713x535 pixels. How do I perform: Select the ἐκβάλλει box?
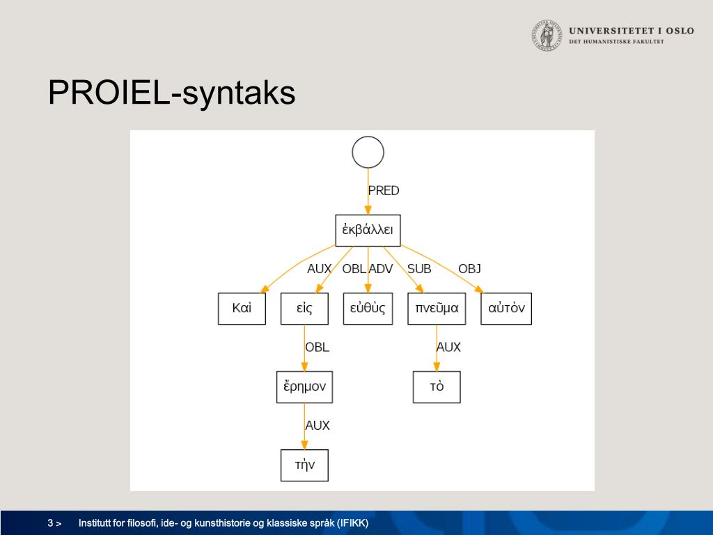[x=368, y=230]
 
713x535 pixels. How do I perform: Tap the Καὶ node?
[x=242, y=309]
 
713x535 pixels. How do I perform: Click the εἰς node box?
[x=304, y=309]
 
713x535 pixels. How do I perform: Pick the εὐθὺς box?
[x=368, y=309]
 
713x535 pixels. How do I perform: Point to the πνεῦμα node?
[x=437, y=309]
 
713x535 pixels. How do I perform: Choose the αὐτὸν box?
[x=506, y=309]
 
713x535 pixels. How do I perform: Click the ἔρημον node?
[x=305, y=387]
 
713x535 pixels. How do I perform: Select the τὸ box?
[x=437, y=387]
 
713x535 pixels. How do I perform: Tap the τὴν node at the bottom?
[x=304, y=465]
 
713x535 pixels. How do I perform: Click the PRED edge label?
[x=384, y=191]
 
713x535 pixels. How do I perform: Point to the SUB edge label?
[x=419, y=269]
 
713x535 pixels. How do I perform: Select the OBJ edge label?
[x=470, y=269]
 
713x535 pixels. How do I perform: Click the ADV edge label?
[x=381, y=269]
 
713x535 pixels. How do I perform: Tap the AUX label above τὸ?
[x=449, y=347]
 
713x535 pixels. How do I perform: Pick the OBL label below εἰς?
[x=317, y=347]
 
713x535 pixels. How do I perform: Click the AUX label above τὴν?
[x=318, y=426]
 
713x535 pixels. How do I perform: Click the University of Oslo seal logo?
[x=547, y=35]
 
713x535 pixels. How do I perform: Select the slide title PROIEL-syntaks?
[x=171, y=93]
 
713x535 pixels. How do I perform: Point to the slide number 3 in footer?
[x=50, y=523]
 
